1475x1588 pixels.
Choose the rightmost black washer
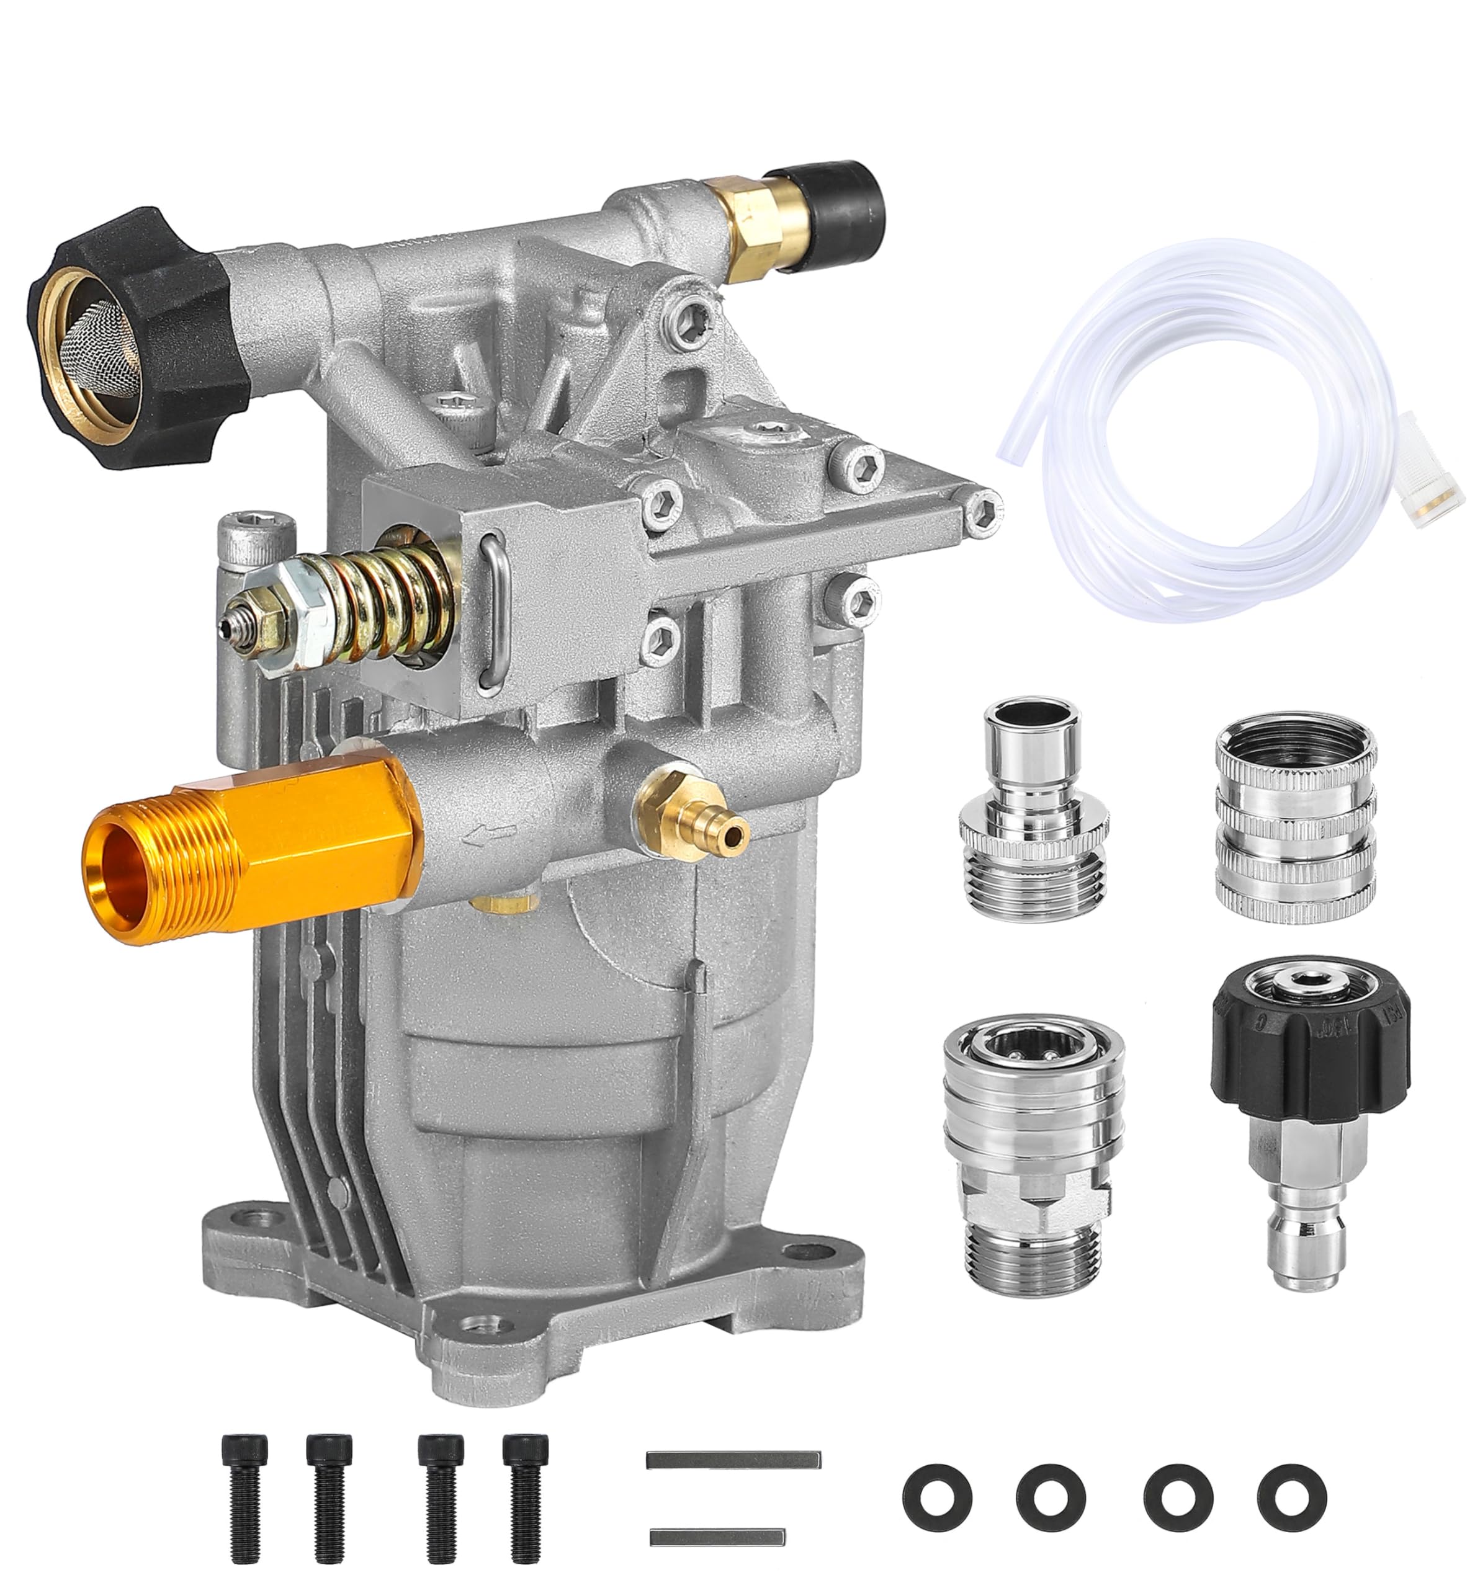[1291, 1488]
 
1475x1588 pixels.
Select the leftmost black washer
[937, 1488]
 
